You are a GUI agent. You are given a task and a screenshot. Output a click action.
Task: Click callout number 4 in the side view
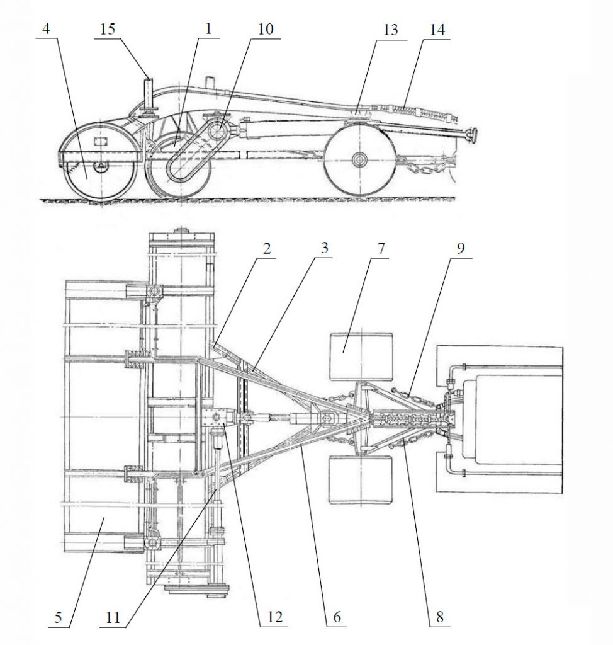point(47,29)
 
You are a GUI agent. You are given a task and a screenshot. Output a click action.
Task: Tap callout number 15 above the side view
point(107,29)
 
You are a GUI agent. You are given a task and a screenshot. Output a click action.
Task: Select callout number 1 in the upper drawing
point(208,29)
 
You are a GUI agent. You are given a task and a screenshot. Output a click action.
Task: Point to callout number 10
point(265,29)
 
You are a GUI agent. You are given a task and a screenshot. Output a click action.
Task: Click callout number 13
point(390,30)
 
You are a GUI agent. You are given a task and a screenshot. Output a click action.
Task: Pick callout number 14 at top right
point(437,30)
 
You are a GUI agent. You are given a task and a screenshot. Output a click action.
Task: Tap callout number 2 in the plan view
point(267,248)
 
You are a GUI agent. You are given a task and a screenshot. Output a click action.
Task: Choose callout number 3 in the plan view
point(324,248)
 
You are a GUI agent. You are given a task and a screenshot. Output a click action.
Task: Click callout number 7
point(381,248)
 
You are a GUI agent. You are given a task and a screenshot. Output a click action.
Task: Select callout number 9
point(461,248)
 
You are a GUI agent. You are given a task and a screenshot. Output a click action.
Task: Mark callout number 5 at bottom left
point(58,617)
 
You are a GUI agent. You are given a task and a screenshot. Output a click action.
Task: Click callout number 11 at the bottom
point(113,617)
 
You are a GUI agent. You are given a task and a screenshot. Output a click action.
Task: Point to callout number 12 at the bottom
point(274,617)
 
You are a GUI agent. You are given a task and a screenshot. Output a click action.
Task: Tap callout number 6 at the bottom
point(337,617)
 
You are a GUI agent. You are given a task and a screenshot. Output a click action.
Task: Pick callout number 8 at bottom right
point(440,617)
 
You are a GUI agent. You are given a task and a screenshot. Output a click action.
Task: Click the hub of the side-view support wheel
point(360,159)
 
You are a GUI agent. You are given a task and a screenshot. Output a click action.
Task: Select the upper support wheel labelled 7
point(361,357)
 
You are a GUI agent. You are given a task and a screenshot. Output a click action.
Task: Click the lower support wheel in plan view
point(361,480)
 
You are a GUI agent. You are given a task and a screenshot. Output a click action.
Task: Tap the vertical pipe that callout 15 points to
point(149,94)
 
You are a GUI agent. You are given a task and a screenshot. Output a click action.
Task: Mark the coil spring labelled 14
point(403,111)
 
